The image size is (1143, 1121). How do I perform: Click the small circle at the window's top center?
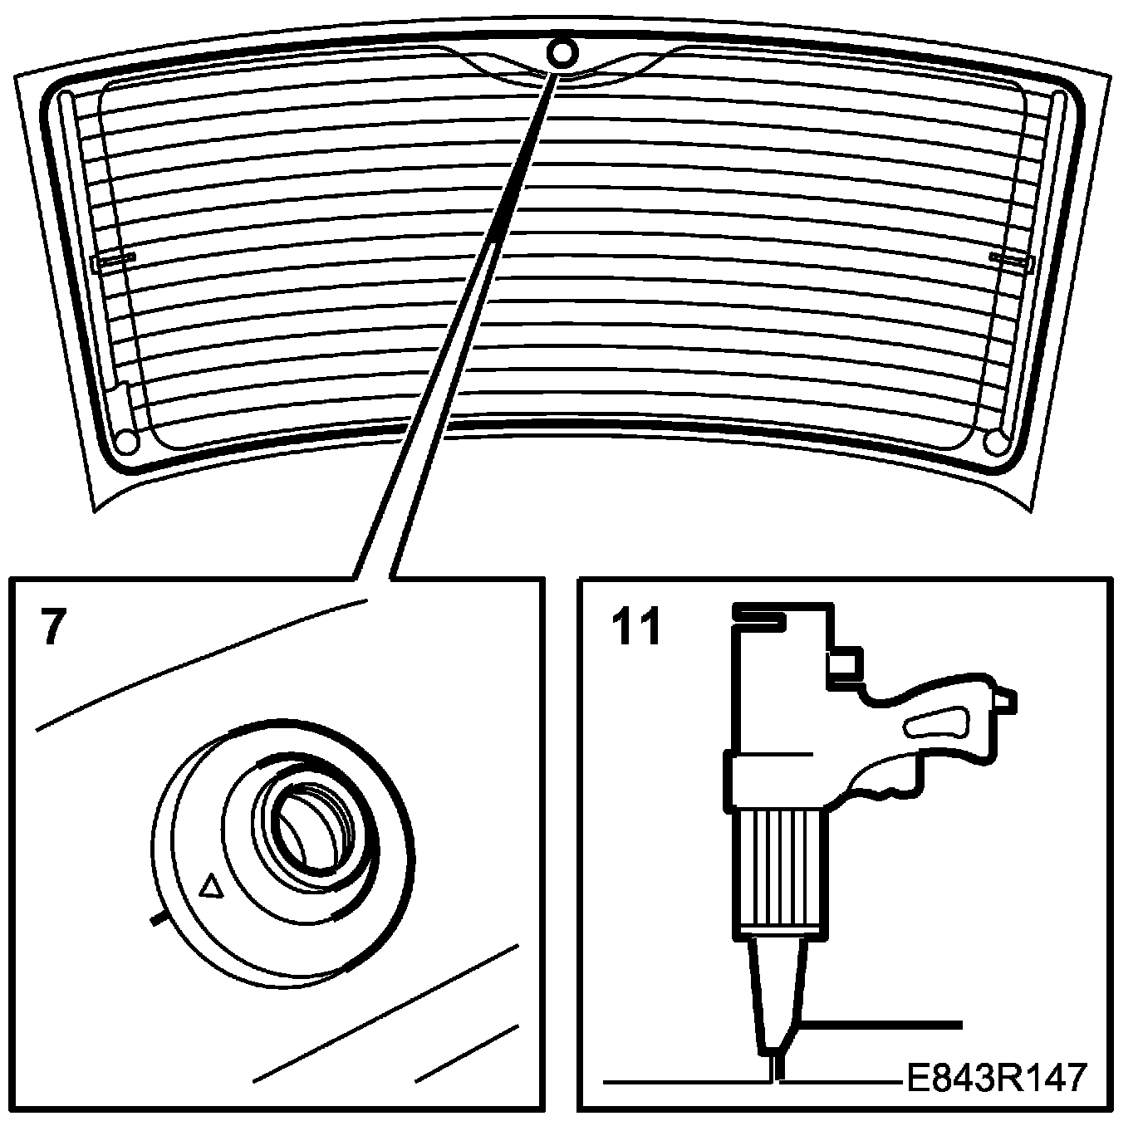click(562, 52)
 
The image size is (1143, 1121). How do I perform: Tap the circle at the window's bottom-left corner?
click(125, 441)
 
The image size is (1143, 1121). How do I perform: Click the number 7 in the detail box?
click(51, 628)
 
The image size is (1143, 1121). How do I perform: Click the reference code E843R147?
click(993, 1078)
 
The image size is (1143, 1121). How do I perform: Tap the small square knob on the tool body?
click(844, 665)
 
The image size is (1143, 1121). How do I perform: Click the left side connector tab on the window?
click(113, 261)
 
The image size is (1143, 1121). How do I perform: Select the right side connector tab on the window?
click(1010, 261)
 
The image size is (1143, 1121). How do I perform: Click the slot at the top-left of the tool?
click(758, 615)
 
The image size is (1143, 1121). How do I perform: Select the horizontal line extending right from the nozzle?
click(881, 1025)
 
